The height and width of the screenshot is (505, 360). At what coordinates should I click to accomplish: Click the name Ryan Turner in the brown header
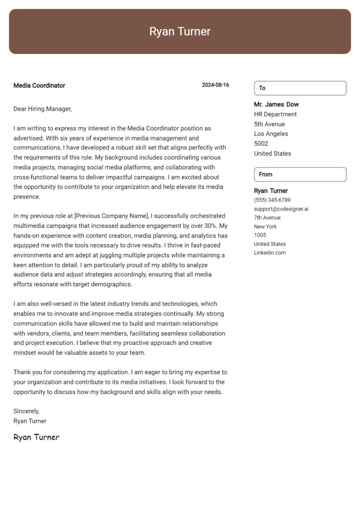click(x=180, y=31)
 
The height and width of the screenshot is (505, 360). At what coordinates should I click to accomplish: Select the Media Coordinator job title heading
click(x=39, y=85)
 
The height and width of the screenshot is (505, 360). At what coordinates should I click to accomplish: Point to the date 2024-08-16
click(x=215, y=85)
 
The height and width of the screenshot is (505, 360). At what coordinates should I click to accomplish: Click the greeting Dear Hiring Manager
click(x=42, y=109)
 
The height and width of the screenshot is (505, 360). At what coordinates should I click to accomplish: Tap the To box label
click(x=262, y=88)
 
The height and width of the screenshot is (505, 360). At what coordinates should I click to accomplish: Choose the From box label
click(x=265, y=174)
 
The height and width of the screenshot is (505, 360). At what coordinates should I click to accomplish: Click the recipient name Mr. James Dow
click(x=276, y=104)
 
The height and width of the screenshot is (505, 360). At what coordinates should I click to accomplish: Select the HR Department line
click(x=275, y=114)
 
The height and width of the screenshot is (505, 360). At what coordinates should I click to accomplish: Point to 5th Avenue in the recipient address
click(x=270, y=124)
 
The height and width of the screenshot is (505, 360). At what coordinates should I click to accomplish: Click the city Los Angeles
click(x=271, y=134)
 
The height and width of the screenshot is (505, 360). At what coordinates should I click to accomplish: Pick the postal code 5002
click(x=261, y=144)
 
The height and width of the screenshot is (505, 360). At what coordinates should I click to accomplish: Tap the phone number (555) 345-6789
click(x=272, y=200)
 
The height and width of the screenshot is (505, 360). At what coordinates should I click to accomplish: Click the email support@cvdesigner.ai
click(x=281, y=209)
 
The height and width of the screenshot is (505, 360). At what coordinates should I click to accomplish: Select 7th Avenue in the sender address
click(x=267, y=218)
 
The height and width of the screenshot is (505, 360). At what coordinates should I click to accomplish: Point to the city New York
click(x=265, y=227)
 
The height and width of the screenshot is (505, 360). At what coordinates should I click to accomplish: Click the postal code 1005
click(x=260, y=235)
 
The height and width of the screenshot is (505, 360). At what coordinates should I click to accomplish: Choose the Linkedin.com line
click(x=270, y=253)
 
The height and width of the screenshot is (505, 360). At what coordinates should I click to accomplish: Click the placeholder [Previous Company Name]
click(x=112, y=216)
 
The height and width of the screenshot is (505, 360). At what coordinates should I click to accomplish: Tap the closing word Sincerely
click(x=26, y=411)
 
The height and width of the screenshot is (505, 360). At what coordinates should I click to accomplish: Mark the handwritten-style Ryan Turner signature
click(x=37, y=437)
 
